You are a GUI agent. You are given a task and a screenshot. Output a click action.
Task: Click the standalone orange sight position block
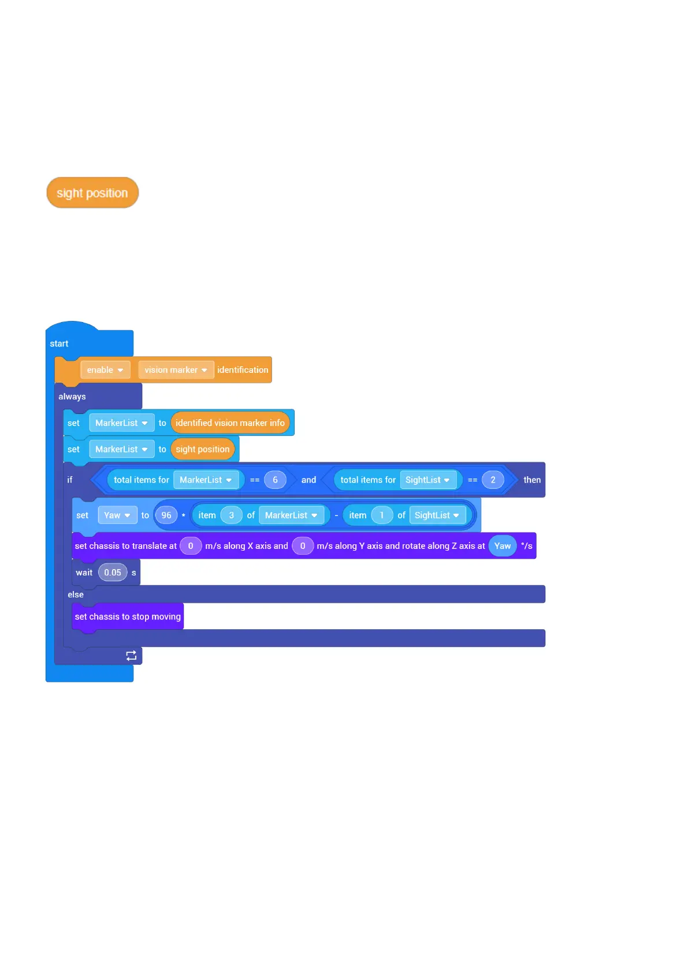pyautogui.click(x=92, y=193)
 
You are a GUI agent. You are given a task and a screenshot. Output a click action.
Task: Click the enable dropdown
pyautogui.click(x=105, y=370)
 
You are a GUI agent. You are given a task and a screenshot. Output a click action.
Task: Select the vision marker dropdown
pyautogui.click(x=176, y=370)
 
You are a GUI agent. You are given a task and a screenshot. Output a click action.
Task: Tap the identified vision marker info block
pyautogui.click(x=230, y=423)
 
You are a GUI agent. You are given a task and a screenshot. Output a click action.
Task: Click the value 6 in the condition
pyautogui.click(x=275, y=480)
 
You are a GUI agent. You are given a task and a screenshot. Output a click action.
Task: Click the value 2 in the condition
pyautogui.click(x=493, y=480)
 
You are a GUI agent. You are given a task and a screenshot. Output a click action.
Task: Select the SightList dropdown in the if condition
pyautogui.click(x=427, y=480)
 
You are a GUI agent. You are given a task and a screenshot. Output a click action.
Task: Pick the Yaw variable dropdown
pyautogui.click(x=117, y=515)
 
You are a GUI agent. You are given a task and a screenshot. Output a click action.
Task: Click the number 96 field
pyautogui.click(x=166, y=515)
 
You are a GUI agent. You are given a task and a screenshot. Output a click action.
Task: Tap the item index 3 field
pyautogui.click(x=231, y=515)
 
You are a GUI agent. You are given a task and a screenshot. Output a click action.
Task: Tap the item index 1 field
pyautogui.click(x=381, y=515)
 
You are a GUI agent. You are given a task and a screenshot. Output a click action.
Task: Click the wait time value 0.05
pyautogui.click(x=113, y=573)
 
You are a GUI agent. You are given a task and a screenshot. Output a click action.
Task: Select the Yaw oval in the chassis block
pyautogui.click(x=502, y=546)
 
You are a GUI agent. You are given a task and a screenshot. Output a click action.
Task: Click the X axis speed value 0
pyautogui.click(x=191, y=546)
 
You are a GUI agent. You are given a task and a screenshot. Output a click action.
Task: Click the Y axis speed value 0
pyautogui.click(x=302, y=546)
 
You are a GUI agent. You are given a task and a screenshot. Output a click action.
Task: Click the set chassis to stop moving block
pyautogui.click(x=128, y=617)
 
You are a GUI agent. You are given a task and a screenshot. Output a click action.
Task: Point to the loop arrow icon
pyautogui.click(x=131, y=656)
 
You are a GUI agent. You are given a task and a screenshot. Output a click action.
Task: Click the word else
pyautogui.click(x=76, y=595)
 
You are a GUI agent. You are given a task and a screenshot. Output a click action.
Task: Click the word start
pyautogui.click(x=59, y=344)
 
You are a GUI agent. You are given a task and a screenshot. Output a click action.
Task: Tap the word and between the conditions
pyautogui.click(x=308, y=480)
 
